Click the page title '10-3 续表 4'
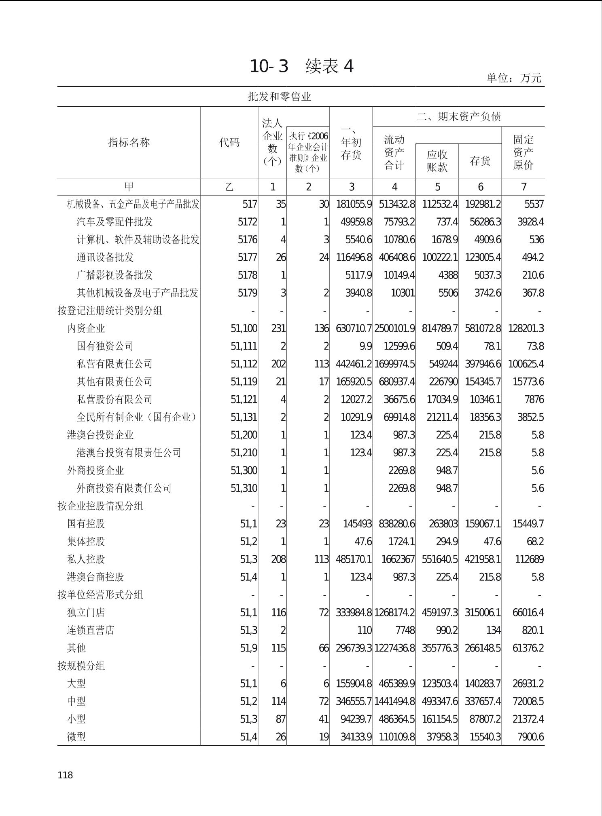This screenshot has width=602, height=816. pos(301,66)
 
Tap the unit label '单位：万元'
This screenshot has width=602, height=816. pos(514,78)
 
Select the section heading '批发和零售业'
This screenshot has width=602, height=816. pos(279,97)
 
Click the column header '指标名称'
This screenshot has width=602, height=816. pos(129,142)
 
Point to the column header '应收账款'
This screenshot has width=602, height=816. pos(437,161)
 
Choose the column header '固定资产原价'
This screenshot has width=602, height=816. pos(523,152)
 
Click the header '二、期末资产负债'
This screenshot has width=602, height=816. pos(459,117)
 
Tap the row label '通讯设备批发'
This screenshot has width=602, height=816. pos(105,257)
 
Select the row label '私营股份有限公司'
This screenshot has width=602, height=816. pos(114,399)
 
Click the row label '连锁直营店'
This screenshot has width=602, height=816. pos(91,630)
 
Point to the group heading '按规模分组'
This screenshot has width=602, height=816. pos(81,666)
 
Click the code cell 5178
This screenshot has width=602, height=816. pos(247,275)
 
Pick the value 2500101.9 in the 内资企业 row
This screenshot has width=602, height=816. pos(394,329)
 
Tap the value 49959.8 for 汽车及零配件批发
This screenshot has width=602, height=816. pos(354,222)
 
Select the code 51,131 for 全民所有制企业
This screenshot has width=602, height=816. pos(244,417)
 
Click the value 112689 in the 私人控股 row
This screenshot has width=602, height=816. pos(529,559)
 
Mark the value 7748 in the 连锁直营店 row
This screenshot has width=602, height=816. pos(404,630)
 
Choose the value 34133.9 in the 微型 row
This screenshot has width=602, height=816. pos(356,737)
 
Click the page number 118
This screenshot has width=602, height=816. pos(65,775)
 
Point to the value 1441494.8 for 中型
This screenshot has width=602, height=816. pos(394,701)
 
